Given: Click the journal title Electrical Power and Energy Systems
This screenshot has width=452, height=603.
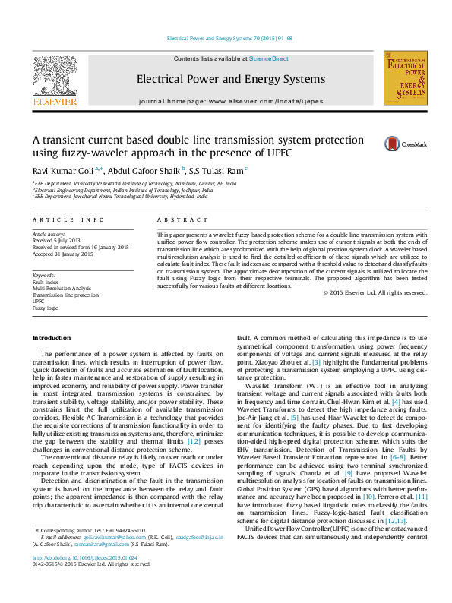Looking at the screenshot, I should coord(231,78).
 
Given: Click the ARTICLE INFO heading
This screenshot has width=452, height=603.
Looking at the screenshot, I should coord(68,219).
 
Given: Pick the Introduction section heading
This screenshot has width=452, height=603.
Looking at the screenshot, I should coord(51,337).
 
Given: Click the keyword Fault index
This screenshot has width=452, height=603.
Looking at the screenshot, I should coord(45,282).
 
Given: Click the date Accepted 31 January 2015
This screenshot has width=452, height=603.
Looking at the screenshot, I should coord(62,254).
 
